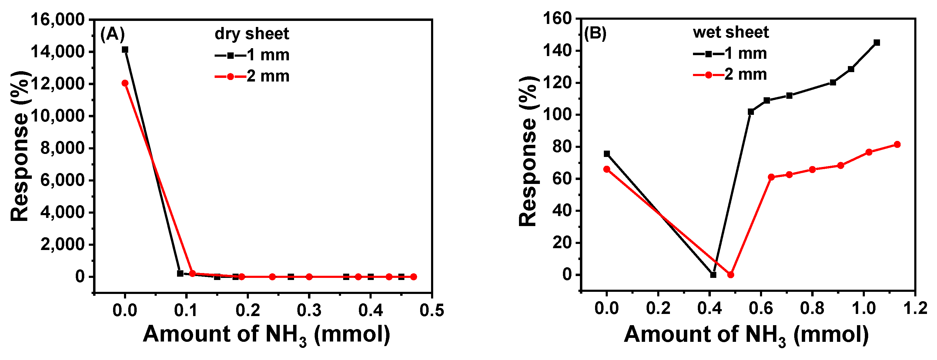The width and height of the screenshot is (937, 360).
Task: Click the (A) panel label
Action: [x=112, y=35]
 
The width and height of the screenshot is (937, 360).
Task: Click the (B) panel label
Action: [x=595, y=33]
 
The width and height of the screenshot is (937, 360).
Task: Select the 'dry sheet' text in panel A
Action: [x=251, y=34]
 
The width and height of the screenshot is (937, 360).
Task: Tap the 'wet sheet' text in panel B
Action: [x=731, y=32]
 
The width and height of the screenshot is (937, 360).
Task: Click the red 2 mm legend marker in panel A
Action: [x=230, y=77]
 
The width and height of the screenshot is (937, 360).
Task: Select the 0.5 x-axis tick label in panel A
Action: [x=432, y=310]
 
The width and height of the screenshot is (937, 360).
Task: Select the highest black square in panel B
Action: [x=877, y=42]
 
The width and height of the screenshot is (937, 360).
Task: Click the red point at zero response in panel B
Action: [x=730, y=275]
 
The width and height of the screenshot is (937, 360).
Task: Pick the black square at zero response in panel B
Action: [x=713, y=275]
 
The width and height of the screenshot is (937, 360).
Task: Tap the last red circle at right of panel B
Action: [x=897, y=144]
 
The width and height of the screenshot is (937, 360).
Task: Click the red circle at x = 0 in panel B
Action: [x=607, y=169]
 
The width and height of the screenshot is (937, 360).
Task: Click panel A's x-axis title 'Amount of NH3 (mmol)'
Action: [x=266, y=335]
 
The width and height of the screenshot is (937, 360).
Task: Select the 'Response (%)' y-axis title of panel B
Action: [x=528, y=151]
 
